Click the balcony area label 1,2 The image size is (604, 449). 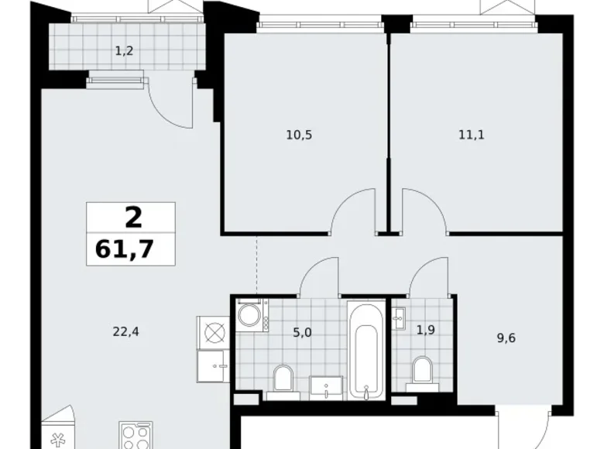pyautogui.click(x=123, y=52)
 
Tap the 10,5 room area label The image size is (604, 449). pyautogui.click(x=298, y=134)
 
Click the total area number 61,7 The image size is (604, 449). pyautogui.click(x=131, y=250)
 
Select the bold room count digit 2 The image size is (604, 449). pyautogui.click(x=133, y=217)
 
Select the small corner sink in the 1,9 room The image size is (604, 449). pyautogui.click(x=400, y=317)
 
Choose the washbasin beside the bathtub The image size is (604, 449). pyautogui.click(x=326, y=386)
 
